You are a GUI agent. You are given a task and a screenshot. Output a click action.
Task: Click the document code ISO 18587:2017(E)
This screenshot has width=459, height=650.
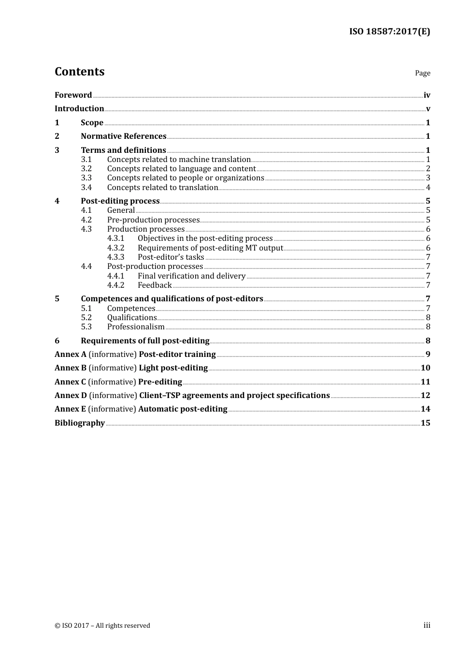tap(389, 31)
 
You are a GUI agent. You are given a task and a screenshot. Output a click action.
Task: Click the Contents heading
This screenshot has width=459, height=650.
tap(79, 72)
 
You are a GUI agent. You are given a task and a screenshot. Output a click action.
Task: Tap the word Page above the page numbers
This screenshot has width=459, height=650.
tap(422, 73)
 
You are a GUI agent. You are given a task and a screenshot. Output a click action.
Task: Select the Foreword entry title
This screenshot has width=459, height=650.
tap(73, 95)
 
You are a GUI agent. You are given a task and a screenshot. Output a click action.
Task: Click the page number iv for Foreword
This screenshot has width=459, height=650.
tap(427, 95)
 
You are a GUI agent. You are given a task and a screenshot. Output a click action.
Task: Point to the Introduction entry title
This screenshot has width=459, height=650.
tap(79, 109)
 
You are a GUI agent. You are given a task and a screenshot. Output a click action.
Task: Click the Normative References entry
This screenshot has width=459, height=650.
tap(123, 136)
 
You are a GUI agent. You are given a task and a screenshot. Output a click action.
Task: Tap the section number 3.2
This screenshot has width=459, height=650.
tap(86, 169)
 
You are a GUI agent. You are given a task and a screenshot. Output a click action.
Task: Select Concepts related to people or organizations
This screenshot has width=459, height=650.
tap(186, 178)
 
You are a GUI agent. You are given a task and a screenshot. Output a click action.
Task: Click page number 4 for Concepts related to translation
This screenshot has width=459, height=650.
tap(428, 188)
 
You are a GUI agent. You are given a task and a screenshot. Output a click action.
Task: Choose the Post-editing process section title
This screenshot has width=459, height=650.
tap(120, 201)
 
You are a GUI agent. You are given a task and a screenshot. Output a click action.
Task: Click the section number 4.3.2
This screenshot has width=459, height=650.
tap(115, 248)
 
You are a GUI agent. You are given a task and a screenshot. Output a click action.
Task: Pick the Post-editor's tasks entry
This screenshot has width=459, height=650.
tap(171, 257)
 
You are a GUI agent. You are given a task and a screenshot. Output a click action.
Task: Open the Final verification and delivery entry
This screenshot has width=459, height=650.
tap(191, 276)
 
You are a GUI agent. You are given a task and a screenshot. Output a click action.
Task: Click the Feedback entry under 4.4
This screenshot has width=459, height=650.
tap(155, 285)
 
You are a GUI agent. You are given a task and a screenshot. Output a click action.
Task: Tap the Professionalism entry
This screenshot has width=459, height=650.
tap(136, 327)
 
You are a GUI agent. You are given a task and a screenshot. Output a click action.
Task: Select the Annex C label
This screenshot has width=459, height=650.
tap(70, 382)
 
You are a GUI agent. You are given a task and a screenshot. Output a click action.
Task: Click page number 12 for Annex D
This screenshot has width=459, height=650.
tap(425, 396)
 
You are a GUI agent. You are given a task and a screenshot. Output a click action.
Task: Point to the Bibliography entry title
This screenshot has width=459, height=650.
tap(80, 423)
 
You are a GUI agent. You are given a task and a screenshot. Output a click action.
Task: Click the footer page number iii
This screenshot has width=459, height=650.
tap(427, 625)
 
